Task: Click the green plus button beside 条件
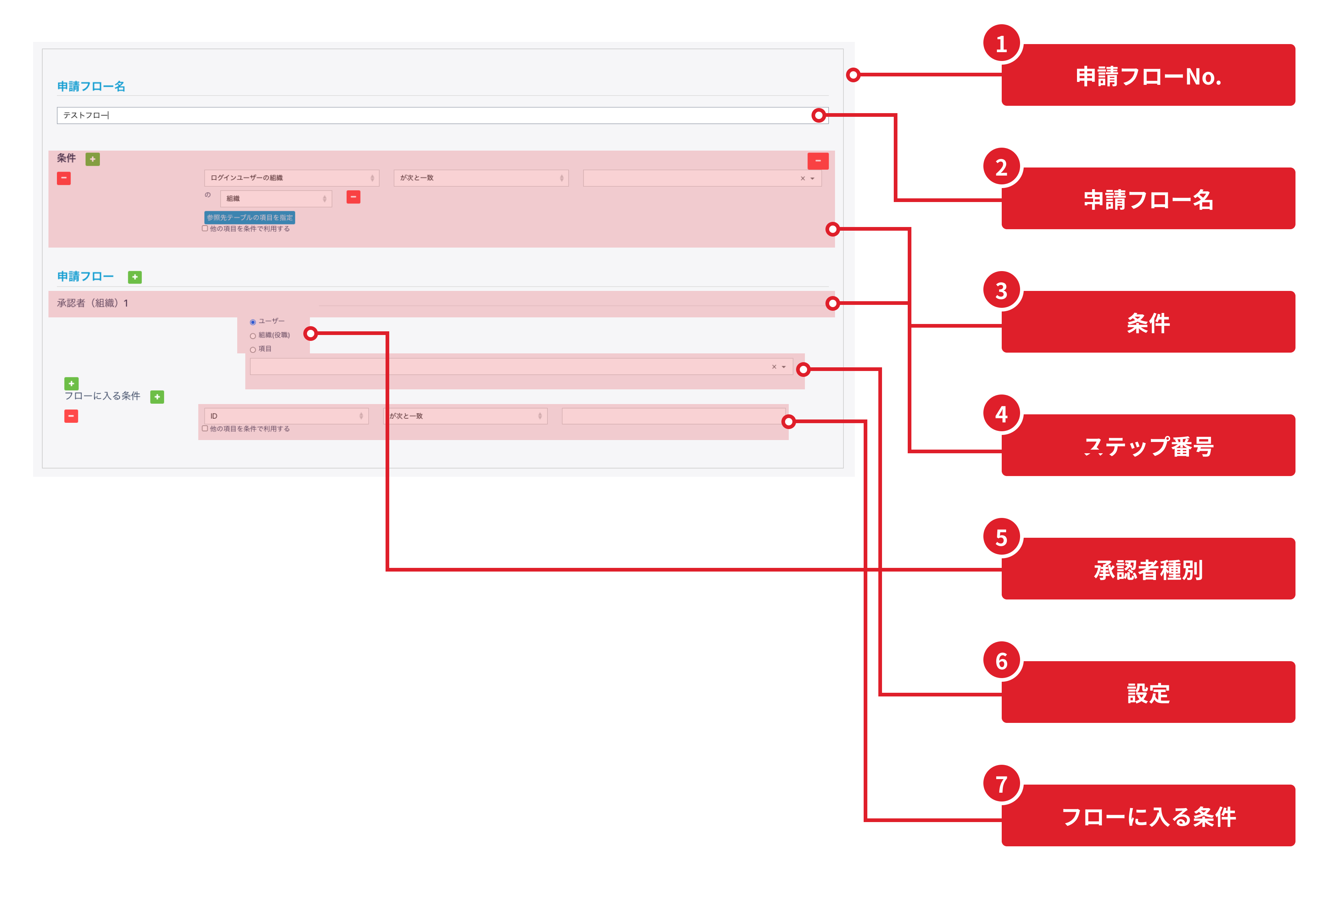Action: tap(93, 159)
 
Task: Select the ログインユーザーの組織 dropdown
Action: tap(291, 178)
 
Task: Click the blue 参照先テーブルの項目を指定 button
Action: tap(249, 217)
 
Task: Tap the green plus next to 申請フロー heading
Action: tap(135, 277)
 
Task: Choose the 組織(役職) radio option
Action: tap(253, 336)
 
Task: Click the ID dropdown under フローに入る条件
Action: tap(286, 416)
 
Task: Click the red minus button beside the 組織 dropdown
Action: tap(353, 197)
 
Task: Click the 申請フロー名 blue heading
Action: tap(91, 86)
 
